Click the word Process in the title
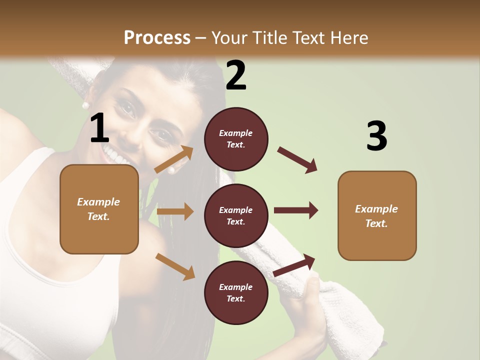point(157,37)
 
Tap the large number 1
point(99,129)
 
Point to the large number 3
point(376,136)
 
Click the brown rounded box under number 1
point(99,209)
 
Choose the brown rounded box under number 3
point(377,216)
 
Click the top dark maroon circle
point(236,139)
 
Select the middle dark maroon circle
point(236,216)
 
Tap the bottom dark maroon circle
point(236,293)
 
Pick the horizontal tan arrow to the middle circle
point(175,211)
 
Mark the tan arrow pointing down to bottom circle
point(175,266)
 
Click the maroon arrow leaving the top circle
point(297,159)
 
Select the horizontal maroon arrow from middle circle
point(295,210)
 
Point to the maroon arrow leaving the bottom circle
point(294,264)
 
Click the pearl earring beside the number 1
point(85,105)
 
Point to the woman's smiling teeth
point(115,153)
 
